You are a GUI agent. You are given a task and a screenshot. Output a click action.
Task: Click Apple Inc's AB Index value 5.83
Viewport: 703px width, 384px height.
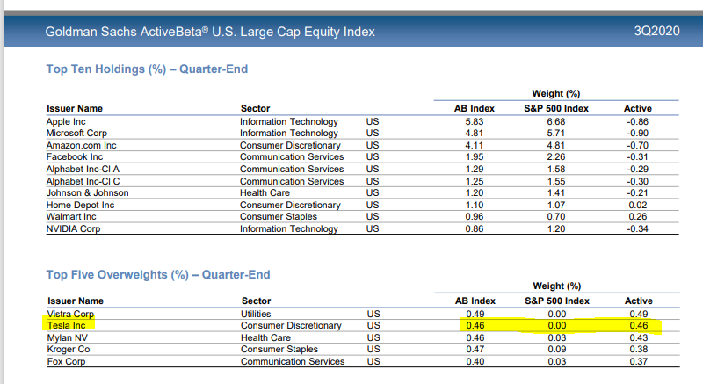[476, 121]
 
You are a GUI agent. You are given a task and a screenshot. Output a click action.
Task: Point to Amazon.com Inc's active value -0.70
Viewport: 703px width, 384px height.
[637, 145]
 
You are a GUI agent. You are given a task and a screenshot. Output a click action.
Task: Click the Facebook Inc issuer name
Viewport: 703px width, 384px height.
[75, 157]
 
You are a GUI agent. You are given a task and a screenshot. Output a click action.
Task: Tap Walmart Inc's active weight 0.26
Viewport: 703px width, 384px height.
[639, 216]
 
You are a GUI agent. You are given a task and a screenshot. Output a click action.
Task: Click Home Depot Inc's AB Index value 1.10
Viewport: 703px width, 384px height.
[476, 205]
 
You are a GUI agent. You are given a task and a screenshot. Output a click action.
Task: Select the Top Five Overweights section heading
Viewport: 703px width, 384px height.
[158, 274]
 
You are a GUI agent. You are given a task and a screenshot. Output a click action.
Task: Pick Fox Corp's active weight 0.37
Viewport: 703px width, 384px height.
[639, 361]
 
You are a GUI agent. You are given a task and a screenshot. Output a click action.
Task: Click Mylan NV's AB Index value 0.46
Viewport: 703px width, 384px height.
[476, 337]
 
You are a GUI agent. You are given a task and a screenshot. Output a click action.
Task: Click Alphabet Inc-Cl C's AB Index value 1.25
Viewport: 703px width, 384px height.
[476, 181]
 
